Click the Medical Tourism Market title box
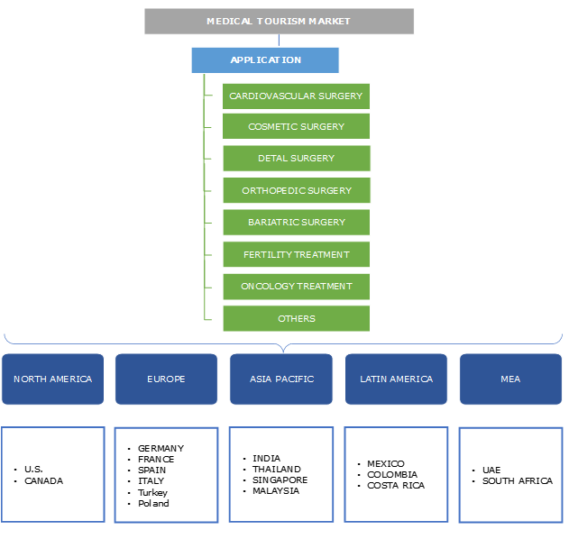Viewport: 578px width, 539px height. coord(279,21)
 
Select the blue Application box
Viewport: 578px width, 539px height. coord(265,60)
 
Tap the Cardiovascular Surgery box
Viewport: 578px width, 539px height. coord(296,96)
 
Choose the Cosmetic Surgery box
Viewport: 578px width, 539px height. coord(296,127)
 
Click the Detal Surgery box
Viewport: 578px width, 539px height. coord(296,159)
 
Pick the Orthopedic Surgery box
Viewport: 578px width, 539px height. coord(296,191)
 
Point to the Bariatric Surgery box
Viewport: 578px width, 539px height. coord(296,223)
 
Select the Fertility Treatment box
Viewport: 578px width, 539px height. coord(296,255)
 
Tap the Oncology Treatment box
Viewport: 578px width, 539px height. coord(296,287)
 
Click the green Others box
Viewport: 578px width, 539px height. coord(296,318)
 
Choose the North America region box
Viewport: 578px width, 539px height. coord(52,379)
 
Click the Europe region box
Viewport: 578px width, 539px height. coord(166,379)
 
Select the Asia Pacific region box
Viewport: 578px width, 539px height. coord(281,379)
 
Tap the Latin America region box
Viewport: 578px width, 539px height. coord(397,379)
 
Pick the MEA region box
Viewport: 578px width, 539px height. coord(510,379)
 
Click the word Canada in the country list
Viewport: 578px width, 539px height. coord(44,480)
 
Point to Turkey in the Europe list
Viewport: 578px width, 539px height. coord(152,492)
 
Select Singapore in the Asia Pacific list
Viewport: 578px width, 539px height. coord(280,480)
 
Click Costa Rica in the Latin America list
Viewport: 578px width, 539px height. coord(395,486)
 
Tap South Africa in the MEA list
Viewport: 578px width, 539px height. coord(517,480)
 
